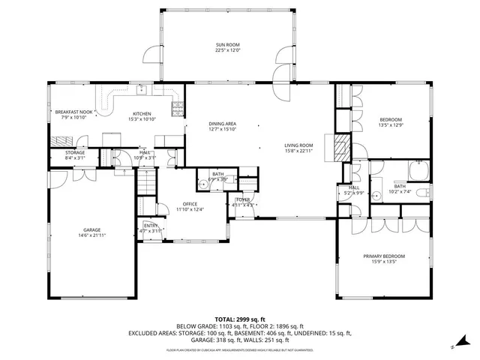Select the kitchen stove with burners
click(177, 110)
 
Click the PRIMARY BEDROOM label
click(383, 256)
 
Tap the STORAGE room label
click(75, 152)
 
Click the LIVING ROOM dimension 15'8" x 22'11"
click(298, 151)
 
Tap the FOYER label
click(243, 199)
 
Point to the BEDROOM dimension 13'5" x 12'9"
click(390, 126)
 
